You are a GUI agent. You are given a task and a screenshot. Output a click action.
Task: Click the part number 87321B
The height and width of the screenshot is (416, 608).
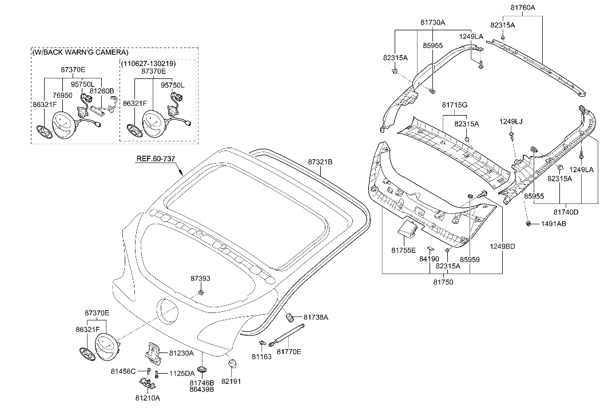point(320,162)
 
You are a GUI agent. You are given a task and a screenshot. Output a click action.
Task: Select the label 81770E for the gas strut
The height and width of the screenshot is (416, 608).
point(289,351)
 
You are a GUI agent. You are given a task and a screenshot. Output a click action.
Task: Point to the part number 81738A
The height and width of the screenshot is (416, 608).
point(316,317)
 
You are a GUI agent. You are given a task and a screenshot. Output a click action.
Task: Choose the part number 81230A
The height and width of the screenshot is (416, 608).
point(181,354)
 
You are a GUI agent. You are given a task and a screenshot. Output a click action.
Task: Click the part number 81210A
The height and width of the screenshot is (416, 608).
point(148,398)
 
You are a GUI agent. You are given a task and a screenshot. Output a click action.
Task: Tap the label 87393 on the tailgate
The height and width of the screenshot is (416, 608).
point(200,279)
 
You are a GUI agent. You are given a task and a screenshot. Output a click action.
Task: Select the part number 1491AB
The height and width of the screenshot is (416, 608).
point(553,223)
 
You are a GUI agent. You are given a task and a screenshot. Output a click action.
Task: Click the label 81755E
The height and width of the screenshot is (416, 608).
point(404,250)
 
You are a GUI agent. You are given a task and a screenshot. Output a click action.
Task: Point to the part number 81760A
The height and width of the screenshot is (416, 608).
point(523,7)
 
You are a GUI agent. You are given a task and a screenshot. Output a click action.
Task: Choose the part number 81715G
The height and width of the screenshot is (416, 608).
point(455,106)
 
